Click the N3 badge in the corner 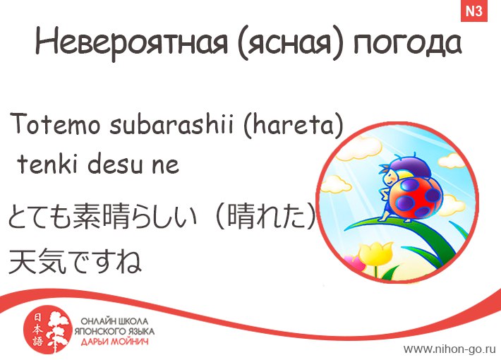[x=474, y=11]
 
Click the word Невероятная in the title [x=131, y=42]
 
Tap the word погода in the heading [x=407, y=44]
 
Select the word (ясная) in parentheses [x=291, y=44]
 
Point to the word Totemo [x=55, y=124]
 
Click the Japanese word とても [x=40, y=217]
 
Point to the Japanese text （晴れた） [x=266, y=217]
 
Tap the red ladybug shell [x=416, y=198]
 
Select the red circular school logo [x=47, y=331]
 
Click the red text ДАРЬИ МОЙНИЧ [x=114, y=342]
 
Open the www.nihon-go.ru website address [x=449, y=349]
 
